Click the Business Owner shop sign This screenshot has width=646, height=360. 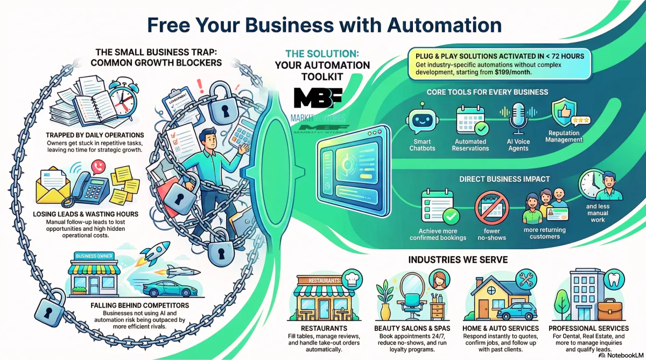[x=95, y=256]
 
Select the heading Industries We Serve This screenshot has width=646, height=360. [x=458, y=260]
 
